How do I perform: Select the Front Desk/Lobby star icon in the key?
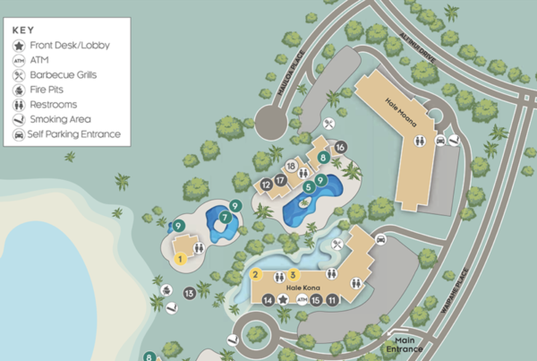point(19,45)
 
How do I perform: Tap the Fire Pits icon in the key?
point(19,90)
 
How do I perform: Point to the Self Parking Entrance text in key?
point(74,134)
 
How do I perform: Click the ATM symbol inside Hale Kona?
point(300,300)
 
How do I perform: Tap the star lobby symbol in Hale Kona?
point(283,300)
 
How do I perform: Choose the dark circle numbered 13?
point(190,293)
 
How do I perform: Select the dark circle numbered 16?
point(341,147)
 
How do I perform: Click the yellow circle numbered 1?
point(182,260)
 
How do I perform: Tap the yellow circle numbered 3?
point(293,275)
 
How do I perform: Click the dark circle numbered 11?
point(332,300)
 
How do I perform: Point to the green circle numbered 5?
point(308,186)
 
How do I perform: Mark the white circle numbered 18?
point(291,166)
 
